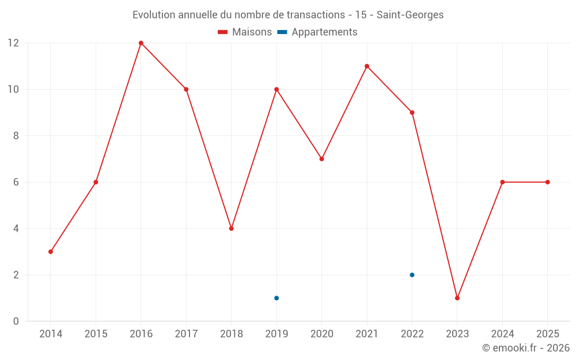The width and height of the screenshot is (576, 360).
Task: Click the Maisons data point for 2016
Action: [141, 43]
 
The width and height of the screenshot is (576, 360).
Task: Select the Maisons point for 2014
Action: [51, 252]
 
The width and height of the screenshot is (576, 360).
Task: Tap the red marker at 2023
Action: [457, 298]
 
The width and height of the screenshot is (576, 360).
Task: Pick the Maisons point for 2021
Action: [367, 66]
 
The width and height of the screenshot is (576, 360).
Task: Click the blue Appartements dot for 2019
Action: [276, 298]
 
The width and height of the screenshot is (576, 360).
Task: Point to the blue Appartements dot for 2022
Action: [412, 275]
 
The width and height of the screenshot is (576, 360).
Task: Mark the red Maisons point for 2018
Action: [232, 229]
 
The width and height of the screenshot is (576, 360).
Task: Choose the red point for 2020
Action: [321, 159]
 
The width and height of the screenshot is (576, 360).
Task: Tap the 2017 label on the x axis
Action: [186, 334]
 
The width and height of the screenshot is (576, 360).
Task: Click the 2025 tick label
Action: [548, 334]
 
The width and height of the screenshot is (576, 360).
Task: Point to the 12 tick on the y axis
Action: [13, 43]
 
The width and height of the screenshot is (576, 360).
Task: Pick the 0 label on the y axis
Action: [16, 321]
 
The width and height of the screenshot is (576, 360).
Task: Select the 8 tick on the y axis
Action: [16, 136]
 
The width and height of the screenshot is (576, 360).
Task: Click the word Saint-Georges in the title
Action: [410, 15]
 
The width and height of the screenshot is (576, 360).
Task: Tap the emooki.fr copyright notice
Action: [526, 348]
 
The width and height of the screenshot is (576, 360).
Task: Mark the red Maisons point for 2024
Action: [502, 182]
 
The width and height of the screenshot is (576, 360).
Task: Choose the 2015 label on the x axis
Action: [96, 334]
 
